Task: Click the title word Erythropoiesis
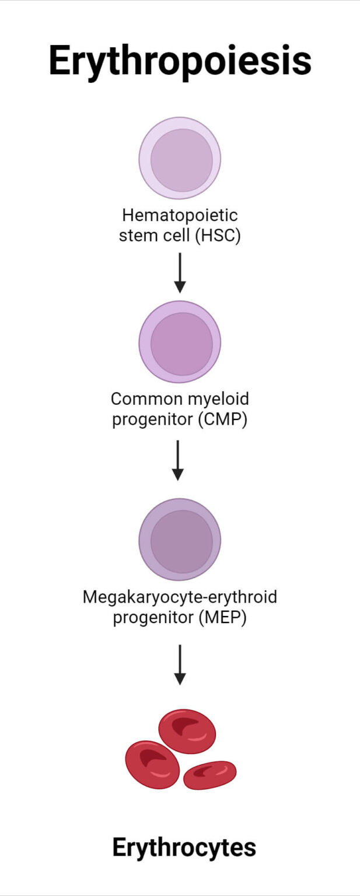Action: [x=180, y=61]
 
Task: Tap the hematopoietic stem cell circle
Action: [x=180, y=159]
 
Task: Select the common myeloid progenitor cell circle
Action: [x=180, y=342]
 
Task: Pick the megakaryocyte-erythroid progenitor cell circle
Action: [x=180, y=540]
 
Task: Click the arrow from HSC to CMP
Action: [x=180, y=272]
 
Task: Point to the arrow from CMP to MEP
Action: [x=180, y=460]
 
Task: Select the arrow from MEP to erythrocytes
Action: [x=180, y=664]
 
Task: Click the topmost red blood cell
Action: [x=187, y=731]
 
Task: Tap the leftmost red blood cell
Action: [x=152, y=764]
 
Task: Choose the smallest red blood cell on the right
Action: [x=209, y=775]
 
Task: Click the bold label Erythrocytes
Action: [x=184, y=847]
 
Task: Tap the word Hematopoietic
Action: [x=180, y=216]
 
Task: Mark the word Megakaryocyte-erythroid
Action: [x=180, y=597]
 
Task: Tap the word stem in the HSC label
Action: [x=135, y=237]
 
